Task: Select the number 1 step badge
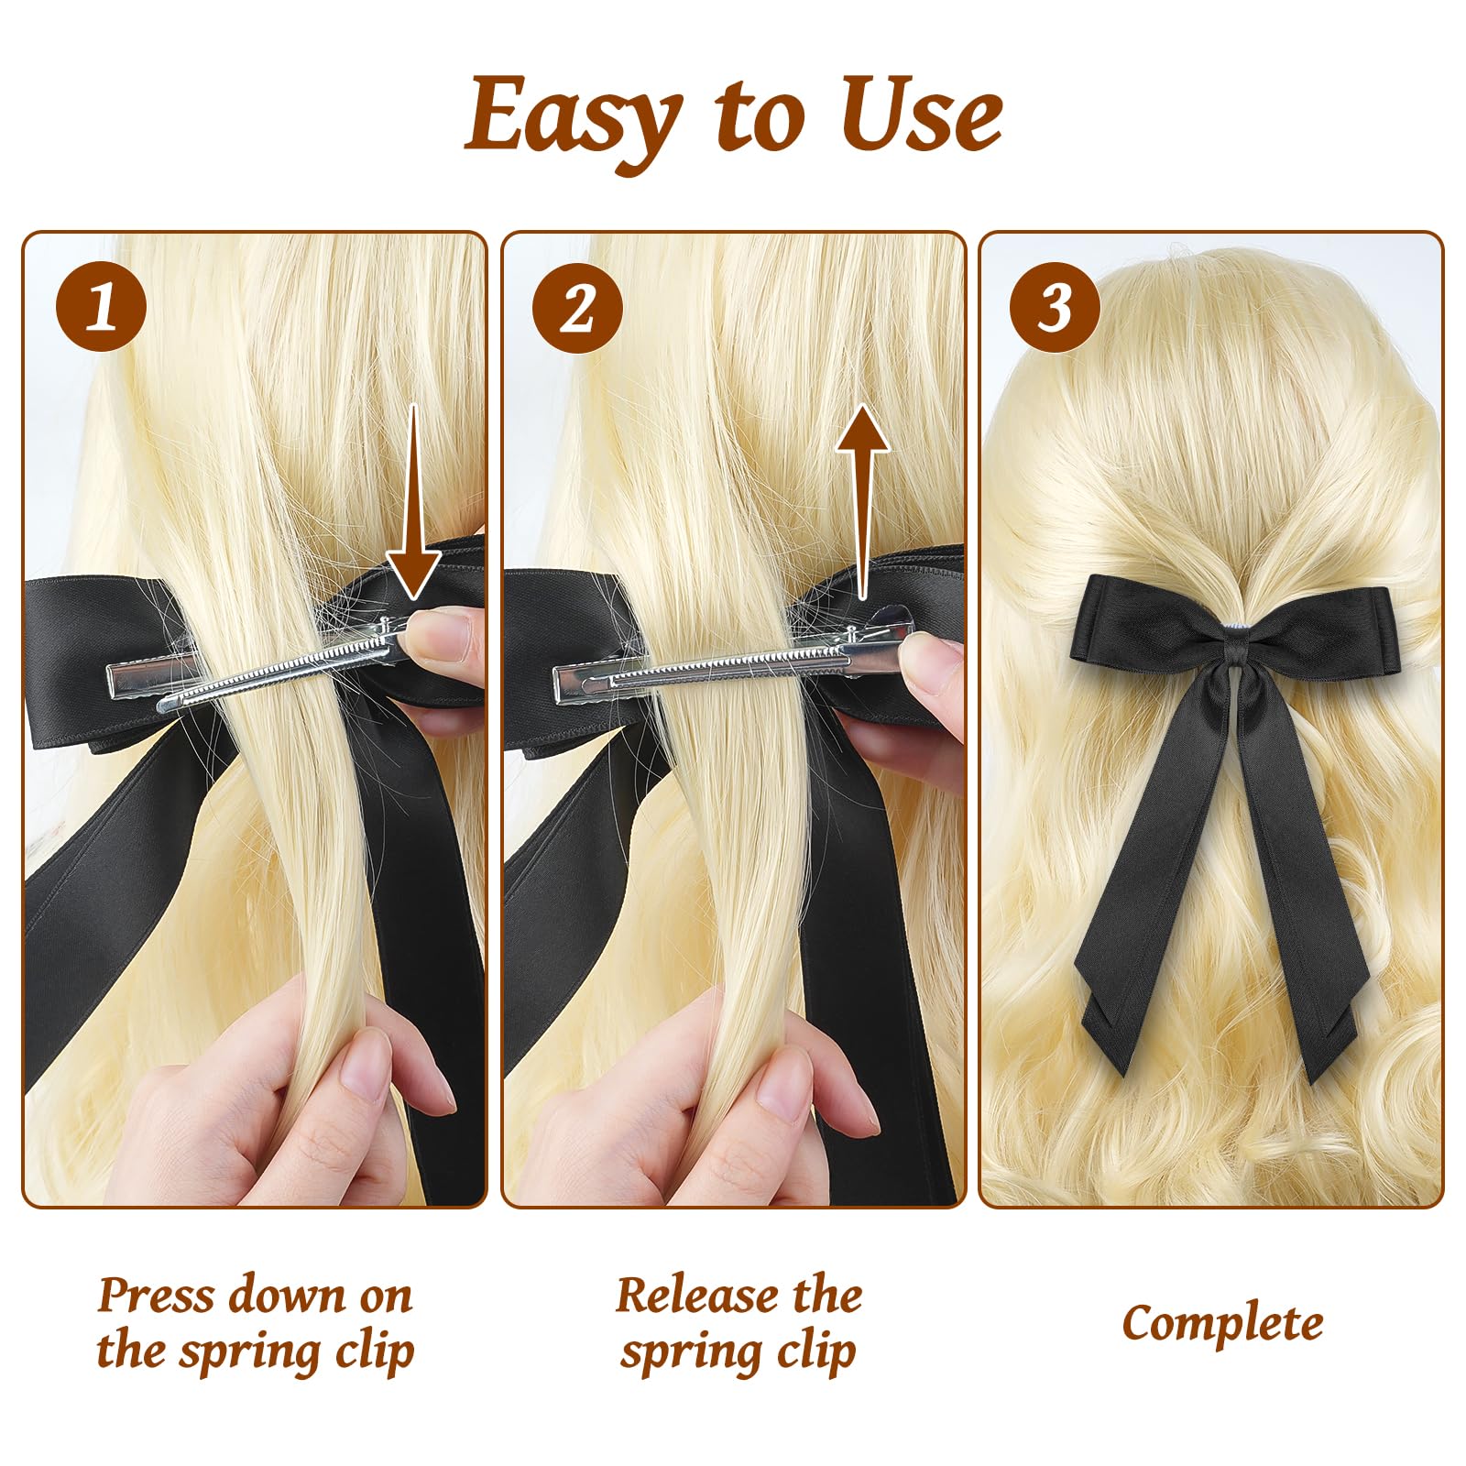click(x=102, y=306)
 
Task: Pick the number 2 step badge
click(x=577, y=306)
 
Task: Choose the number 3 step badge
click(x=1055, y=306)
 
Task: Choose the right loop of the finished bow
click(x=1329, y=623)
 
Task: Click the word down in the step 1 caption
click(x=284, y=1296)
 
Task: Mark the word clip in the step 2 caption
click(x=815, y=1352)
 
